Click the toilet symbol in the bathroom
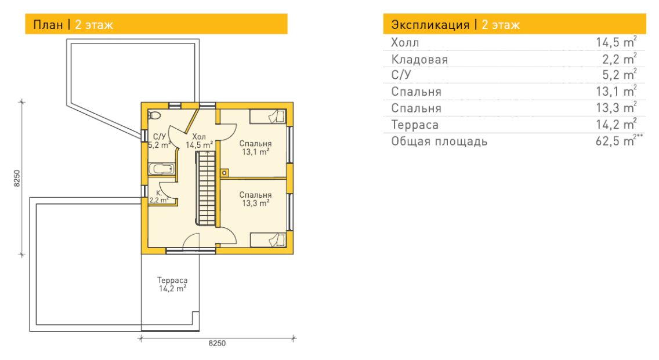pyautogui.click(x=154, y=115)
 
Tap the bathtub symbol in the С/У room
pyautogui.click(x=161, y=169)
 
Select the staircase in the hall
pyautogui.click(x=207, y=188)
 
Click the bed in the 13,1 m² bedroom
pyautogui.click(x=268, y=117)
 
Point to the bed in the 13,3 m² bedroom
pyautogui.click(x=268, y=240)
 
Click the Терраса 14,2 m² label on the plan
pyautogui.click(x=172, y=285)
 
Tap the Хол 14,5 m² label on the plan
pyautogui.click(x=199, y=141)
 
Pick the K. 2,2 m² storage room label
pyautogui.click(x=159, y=197)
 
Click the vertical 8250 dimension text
pyautogui.click(x=17, y=178)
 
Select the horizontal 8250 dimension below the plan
pyautogui.click(x=218, y=343)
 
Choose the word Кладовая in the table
pyautogui.click(x=419, y=60)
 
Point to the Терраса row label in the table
pyautogui.click(x=415, y=125)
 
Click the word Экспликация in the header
pyautogui.click(x=430, y=25)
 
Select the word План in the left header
pyautogui.click(x=48, y=25)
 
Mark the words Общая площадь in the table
pyautogui.click(x=439, y=141)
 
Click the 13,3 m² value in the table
pyautogui.click(x=616, y=108)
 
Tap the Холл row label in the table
pyautogui.click(x=405, y=43)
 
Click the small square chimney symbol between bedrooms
pyautogui.click(x=225, y=173)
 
